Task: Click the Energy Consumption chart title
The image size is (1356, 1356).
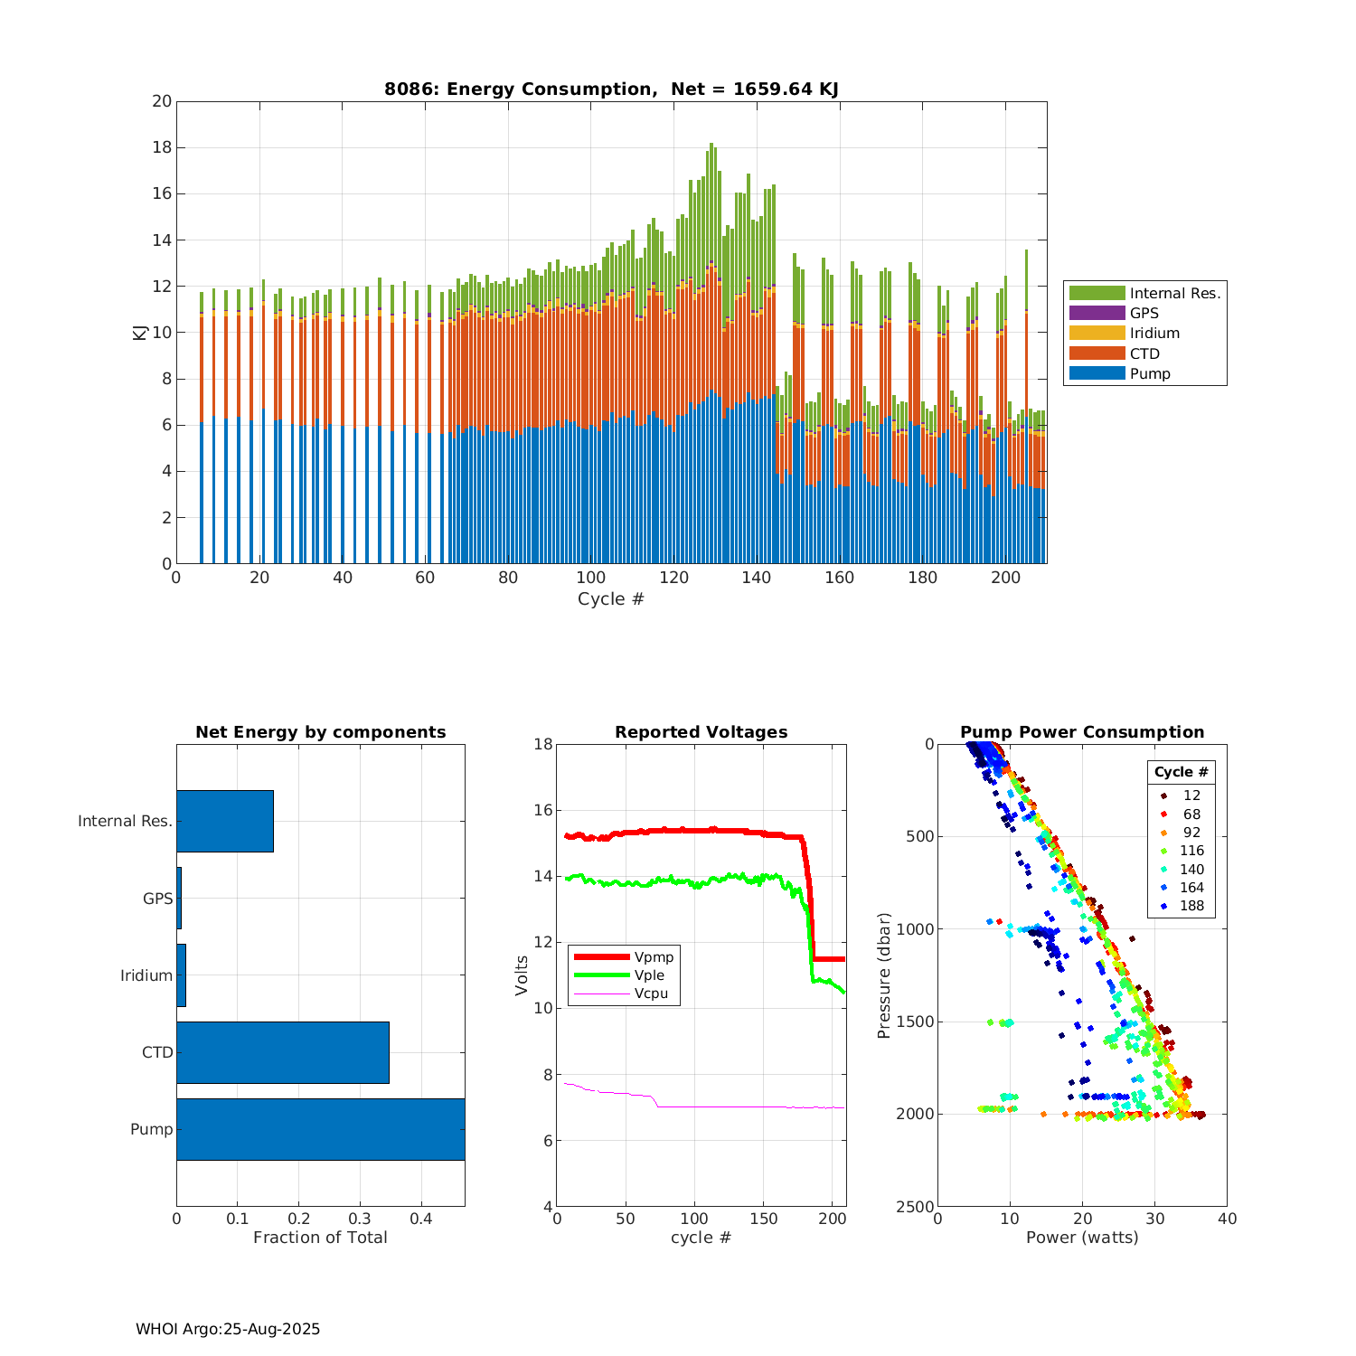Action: tap(611, 89)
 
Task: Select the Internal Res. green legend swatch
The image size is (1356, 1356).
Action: tap(1097, 293)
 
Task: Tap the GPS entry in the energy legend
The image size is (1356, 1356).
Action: tap(1144, 313)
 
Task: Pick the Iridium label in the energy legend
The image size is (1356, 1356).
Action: tap(1154, 333)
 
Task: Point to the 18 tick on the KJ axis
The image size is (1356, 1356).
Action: tap(162, 147)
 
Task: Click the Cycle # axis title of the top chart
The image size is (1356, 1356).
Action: tap(611, 599)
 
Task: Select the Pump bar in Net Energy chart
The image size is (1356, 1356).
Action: tap(320, 1129)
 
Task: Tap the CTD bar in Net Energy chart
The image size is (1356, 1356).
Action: tap(282, 1052)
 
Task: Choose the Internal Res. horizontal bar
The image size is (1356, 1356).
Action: tap(224, 821)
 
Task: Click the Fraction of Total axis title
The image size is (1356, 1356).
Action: tap(320, 1238)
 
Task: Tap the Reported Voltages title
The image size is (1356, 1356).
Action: tap(701, 732)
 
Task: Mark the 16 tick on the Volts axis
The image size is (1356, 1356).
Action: tap(542, 810)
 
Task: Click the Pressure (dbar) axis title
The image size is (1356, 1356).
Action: tap(884, 975)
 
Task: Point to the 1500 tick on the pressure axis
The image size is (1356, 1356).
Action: tap(915, 1022)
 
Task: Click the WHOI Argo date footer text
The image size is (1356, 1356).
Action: tap(228, 1329)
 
